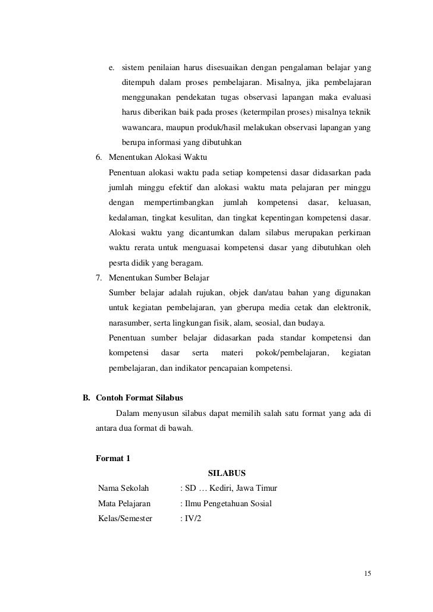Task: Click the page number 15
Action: pyautogui.click(x=367, y=573)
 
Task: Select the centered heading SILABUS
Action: pyautogui.click(x=227, y=474)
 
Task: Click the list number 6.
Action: pyautogui.click(x=99, y=157)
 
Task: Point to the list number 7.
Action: pyautogui.click(x=99, y=277)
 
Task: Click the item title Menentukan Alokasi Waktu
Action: pyautogui.click(x=158, y=157)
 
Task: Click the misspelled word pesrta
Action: pyautogui.click(x=120, y=263)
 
